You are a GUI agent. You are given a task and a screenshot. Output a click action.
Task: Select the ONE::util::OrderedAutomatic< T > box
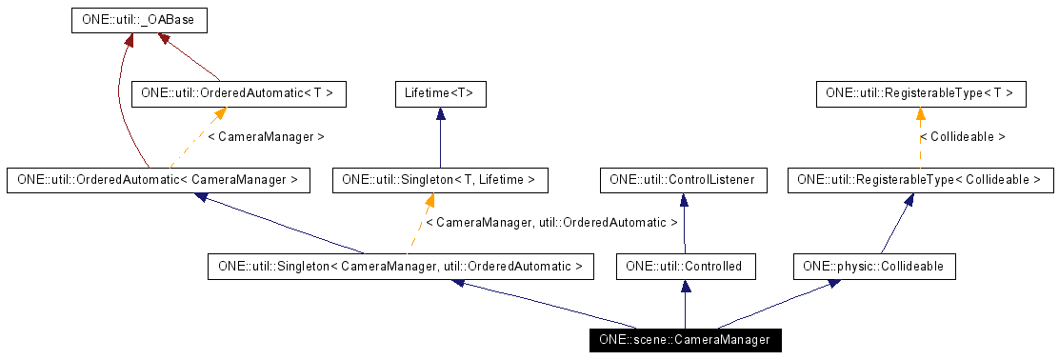(237, 93)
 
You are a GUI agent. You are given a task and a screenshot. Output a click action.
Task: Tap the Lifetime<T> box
(440, 93)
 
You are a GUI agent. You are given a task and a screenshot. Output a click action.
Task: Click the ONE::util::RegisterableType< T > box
(921, 93)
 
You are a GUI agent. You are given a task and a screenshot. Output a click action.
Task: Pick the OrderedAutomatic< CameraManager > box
(158, 179)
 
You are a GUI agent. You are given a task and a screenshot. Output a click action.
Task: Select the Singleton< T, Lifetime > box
(439, 179)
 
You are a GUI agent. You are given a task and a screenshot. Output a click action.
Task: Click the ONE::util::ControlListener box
(682, 179)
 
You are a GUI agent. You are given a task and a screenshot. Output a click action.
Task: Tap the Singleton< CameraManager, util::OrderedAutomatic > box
(401, 267)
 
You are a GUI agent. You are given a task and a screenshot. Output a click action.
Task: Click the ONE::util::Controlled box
(685, 267)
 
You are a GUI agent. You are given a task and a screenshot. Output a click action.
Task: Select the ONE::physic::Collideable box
(873, 267)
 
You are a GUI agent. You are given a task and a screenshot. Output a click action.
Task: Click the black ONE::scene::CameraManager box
(684, 340)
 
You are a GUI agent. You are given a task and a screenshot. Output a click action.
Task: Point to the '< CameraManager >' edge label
(266, 137)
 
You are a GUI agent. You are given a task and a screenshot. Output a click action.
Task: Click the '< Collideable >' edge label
(962, 137)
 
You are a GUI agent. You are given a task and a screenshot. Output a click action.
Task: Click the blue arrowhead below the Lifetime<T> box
(440, 113)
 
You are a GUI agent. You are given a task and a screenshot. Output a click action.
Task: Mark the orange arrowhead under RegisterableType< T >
(921, 113)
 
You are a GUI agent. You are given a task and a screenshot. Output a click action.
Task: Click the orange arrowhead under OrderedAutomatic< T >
(219, 113)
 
